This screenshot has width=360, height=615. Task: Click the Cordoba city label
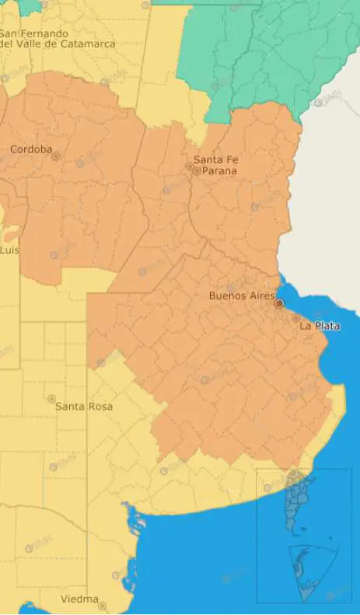coord(31,149)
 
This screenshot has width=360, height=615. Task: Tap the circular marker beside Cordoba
coord(56,156)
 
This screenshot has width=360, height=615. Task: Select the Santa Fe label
coord(216,160)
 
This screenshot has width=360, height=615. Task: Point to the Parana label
coord(219,170)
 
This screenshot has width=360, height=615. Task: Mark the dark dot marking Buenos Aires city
coord(279,304)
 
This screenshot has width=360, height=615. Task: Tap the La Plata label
coord(320,326)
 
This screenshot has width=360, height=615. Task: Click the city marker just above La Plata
coord(296,317)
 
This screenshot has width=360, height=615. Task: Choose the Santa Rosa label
coord(84,407)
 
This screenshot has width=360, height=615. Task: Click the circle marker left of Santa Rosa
coord(51,399)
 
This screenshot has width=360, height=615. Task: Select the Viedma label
coord(80,599)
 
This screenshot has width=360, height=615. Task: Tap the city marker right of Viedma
coord(102,605)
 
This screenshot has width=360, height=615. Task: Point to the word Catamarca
coord(87,44)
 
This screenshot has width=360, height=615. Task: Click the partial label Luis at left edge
coord(9,250)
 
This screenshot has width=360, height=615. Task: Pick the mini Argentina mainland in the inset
coord(295,501)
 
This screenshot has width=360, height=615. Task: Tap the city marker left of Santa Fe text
coord(188,167)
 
